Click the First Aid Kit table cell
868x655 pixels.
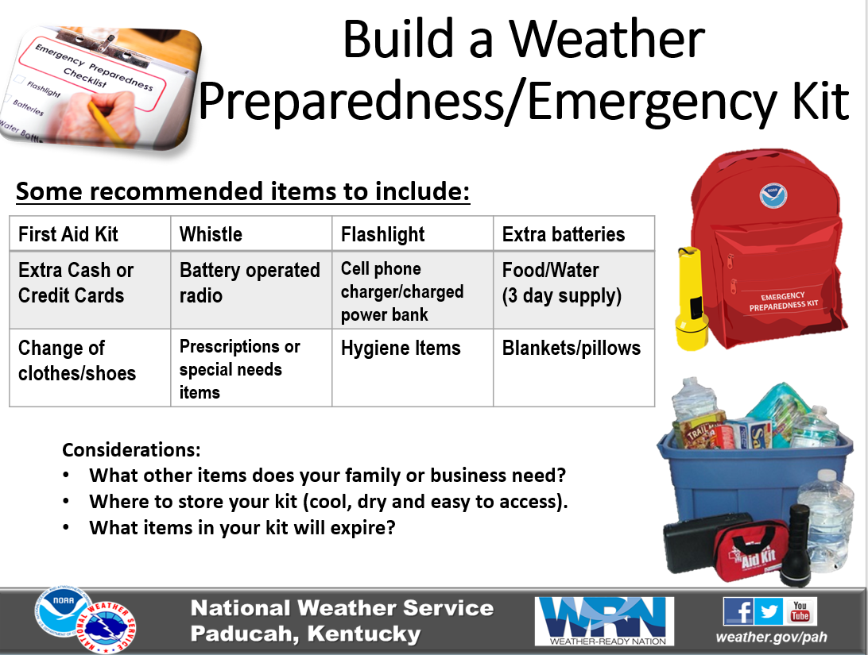point(90,233)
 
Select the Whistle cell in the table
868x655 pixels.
point(251,233)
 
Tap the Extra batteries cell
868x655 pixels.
point(574,233)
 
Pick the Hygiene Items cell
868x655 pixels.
point(413,368)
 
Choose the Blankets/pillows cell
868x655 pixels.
point(574,368)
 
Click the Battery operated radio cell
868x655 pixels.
point(251,291)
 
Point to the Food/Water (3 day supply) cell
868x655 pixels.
point(574,291)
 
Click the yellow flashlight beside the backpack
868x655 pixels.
point(691,299)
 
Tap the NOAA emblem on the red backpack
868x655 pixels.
point(773,195)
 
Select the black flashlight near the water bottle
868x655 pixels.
point(798,545)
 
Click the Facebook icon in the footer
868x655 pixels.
point(738,612)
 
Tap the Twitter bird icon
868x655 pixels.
point(769,612)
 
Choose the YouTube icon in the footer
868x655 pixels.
point(800,612)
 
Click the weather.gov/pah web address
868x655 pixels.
point(771,638)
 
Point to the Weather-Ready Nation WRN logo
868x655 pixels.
point(604,621)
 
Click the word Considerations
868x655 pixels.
point(131,450)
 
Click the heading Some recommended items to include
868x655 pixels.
point(242,192)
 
